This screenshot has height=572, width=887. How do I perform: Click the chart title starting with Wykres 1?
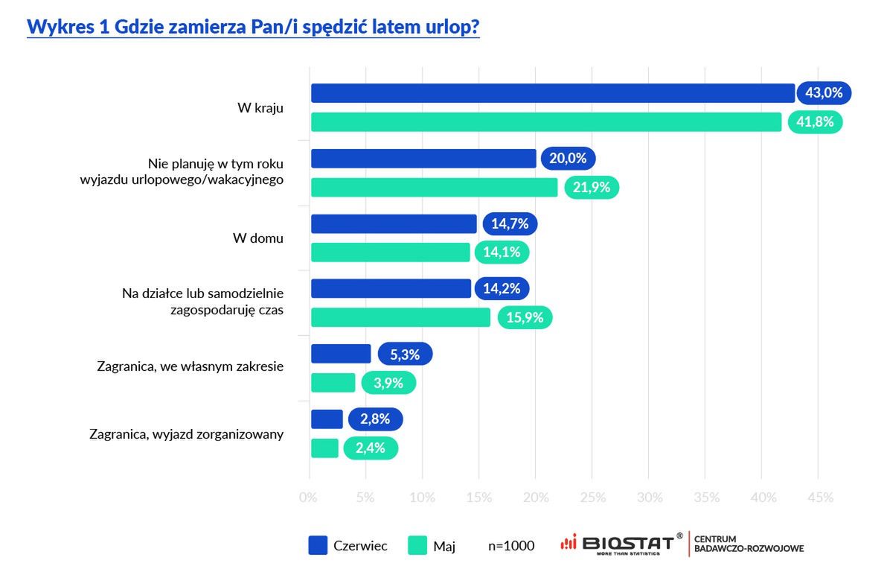[x=253, y=27]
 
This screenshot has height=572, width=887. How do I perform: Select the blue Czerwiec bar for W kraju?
[x=552, y=93]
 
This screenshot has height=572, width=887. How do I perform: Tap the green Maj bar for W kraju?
[x=545, y=122]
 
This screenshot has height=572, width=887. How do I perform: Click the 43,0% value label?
[x=824, y=93]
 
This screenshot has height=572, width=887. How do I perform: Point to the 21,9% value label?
[x=592, y=188]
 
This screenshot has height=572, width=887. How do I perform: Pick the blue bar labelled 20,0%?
[x=423, y=159]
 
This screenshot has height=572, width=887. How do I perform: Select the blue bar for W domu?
[x=393, y=223]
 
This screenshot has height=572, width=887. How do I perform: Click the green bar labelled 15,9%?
[x=400, y=317]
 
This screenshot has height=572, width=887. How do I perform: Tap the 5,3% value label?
[x=405, y=354]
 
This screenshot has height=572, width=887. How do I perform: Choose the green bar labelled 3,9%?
[x=333, y=383]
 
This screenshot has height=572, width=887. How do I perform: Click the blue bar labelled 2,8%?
[x=327, y=419]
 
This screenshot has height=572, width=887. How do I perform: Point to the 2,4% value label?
[x=371, y=448]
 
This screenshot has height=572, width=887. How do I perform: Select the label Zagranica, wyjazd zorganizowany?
[x=186, y=433]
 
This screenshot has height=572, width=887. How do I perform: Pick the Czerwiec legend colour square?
[x=318, y=546]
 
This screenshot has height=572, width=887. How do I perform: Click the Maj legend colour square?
[x=417, y=546]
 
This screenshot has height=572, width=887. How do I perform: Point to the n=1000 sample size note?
[x=511, y=546]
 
